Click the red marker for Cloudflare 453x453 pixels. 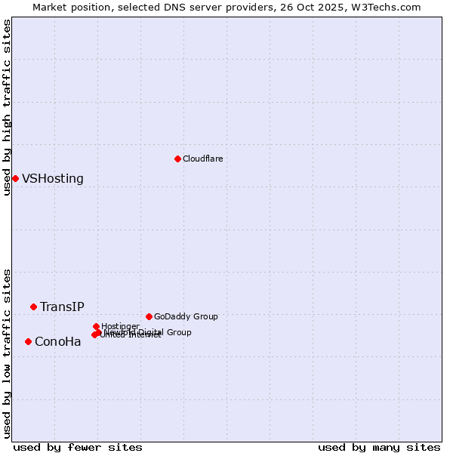pos(177,159)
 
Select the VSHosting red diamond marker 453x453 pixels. pos(15,178)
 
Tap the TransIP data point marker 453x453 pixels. pos(33,307)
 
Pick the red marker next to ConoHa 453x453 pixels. pos(28,341)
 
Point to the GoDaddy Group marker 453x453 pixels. pos(149,316)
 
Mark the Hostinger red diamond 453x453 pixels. pos(96,326)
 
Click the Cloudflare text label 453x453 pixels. pos(202,159)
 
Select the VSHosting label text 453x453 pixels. pos(53,179)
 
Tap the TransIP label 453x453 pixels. pos(62,307)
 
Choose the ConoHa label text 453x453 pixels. pos(57,342)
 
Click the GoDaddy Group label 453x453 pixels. pos(186,316)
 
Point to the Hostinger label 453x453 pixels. pos(120,326)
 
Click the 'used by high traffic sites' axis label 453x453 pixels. pos(7,107)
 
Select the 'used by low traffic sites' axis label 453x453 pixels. pos(7,353)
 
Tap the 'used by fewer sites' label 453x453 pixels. pos(78,447)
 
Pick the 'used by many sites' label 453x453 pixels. pos(379,447)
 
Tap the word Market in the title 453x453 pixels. pos(51,7)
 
